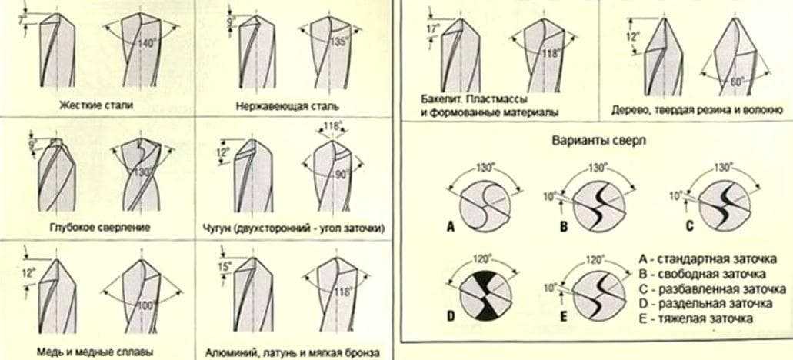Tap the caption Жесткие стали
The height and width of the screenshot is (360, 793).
click(97, 105)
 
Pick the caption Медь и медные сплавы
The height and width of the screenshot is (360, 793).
click(96, 352)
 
